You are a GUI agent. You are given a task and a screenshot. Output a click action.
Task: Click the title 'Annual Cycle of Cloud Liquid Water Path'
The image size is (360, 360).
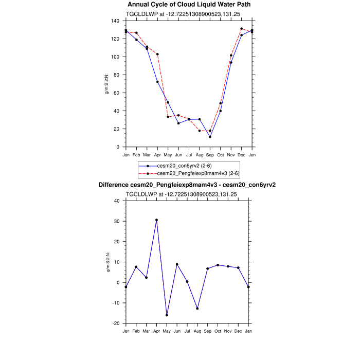click(189, 5)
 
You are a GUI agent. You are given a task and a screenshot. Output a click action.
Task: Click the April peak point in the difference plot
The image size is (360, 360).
click(157, 220)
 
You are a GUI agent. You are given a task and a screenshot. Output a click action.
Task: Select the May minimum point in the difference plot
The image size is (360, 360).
click(167, 315)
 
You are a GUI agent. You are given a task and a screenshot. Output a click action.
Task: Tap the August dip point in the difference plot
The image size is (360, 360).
click(197, 309)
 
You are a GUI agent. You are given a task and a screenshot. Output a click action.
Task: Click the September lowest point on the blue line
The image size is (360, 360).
click(210, 137)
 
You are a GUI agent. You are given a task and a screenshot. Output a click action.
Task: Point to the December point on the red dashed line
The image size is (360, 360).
click(241, 29)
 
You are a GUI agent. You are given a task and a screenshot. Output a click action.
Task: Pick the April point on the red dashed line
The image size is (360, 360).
click(157, 54)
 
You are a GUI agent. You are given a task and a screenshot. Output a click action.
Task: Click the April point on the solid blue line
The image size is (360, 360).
click(157, 82)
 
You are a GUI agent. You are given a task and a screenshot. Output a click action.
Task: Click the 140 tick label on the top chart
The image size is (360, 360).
click(116, 21)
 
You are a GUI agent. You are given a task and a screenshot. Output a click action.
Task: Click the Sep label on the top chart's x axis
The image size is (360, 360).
click(210, 154)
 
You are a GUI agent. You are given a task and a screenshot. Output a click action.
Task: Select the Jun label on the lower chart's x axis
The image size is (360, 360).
click(177, 330)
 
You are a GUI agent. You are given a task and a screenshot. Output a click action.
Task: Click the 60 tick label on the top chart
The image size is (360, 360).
click(118, 93)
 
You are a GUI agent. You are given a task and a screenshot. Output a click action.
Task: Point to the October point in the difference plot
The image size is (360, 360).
click(218, 265)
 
